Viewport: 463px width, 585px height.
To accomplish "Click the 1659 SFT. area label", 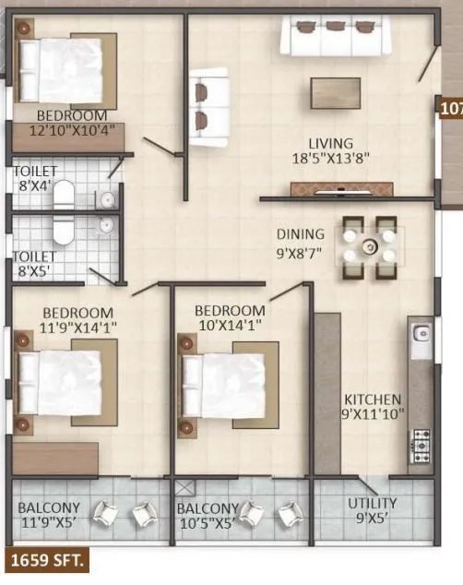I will point(46,559).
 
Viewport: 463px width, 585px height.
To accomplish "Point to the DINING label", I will point(301,234).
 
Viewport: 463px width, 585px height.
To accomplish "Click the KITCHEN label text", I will point(373,400).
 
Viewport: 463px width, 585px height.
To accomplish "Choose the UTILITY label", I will point(373,503).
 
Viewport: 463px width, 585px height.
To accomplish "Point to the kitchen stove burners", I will point(421,445).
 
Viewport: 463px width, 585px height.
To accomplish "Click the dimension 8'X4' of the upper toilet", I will point(36,185).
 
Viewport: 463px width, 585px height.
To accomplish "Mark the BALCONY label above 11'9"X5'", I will point(49,507).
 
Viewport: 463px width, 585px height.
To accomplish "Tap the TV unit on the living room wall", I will point(335,189).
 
